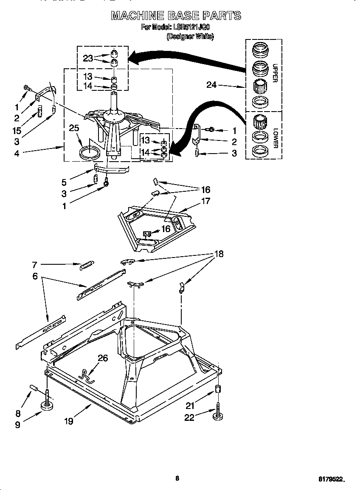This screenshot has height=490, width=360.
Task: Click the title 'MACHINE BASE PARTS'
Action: (x=176, y=16)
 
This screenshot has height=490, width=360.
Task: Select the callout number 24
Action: (x=211, y=85)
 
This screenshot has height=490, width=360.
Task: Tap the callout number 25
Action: (x=74, y=128)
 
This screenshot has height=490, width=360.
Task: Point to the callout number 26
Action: (x=103, y=358)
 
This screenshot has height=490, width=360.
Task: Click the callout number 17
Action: (x=205, y=201)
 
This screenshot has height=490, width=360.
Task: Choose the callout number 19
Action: (x=69, y=421)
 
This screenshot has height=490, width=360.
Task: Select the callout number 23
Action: (x=88, y=59)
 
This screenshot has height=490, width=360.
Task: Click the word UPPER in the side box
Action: (x=275, y=73)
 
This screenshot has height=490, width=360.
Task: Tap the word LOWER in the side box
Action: (x=275, y=137)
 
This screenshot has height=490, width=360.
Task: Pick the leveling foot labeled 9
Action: (x=47, y=406)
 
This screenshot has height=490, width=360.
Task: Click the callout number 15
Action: (x=17, y=131)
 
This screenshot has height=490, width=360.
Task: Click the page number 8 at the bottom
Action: (x=177, y=478)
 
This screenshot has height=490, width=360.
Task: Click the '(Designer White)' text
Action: (x=190, y=36)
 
